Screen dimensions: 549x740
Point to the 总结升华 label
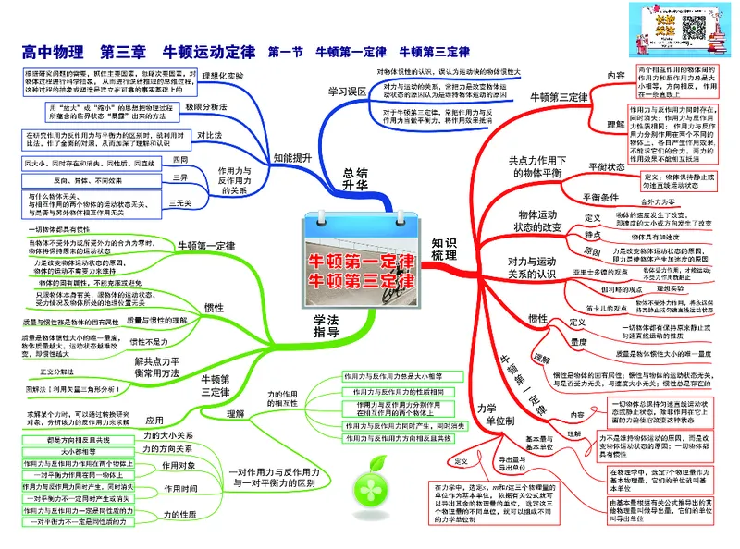point(349,178)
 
